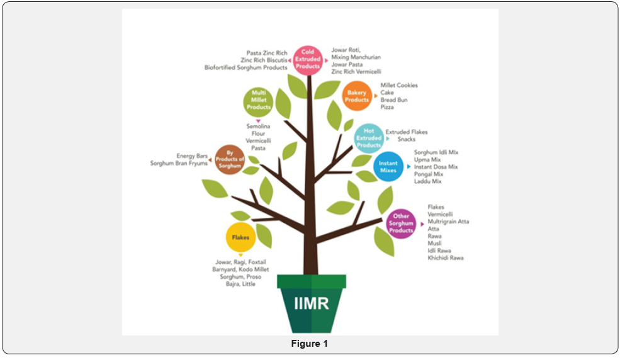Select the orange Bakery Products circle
tap(356, 96)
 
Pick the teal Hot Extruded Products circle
tap(368, 138)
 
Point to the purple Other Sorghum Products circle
tap(401, 223)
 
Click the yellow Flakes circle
tap(240, 237)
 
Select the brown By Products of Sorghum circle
tap(230, 159)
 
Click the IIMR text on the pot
tap(311, 303)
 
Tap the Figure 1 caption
tap(309, 344)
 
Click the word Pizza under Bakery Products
tap(387, 108)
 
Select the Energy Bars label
tap(192, 155)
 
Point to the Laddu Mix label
tap(428, 181)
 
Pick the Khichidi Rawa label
tap(446, 258)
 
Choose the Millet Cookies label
tap(399, 85)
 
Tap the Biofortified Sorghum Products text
tap(245, 68)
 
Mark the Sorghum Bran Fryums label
tap(179, 163)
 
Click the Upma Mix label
tap(428, 160)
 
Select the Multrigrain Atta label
tap(448, 222)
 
